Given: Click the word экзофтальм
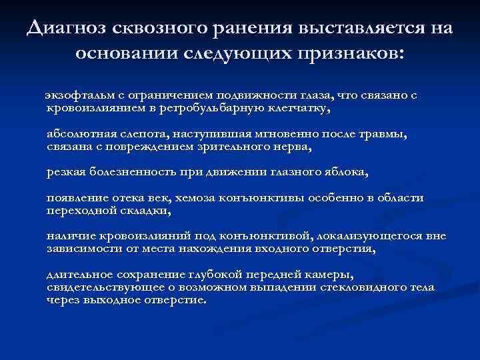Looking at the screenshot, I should [71, 95].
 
